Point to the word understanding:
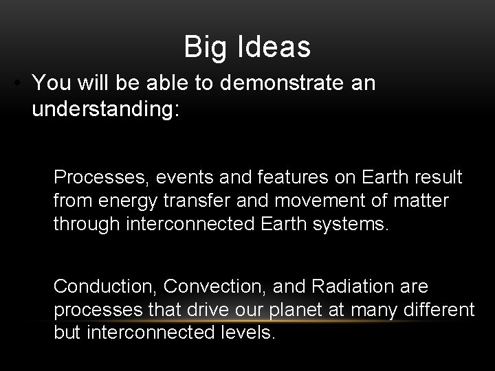click(106, 110)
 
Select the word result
click(439, 178)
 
